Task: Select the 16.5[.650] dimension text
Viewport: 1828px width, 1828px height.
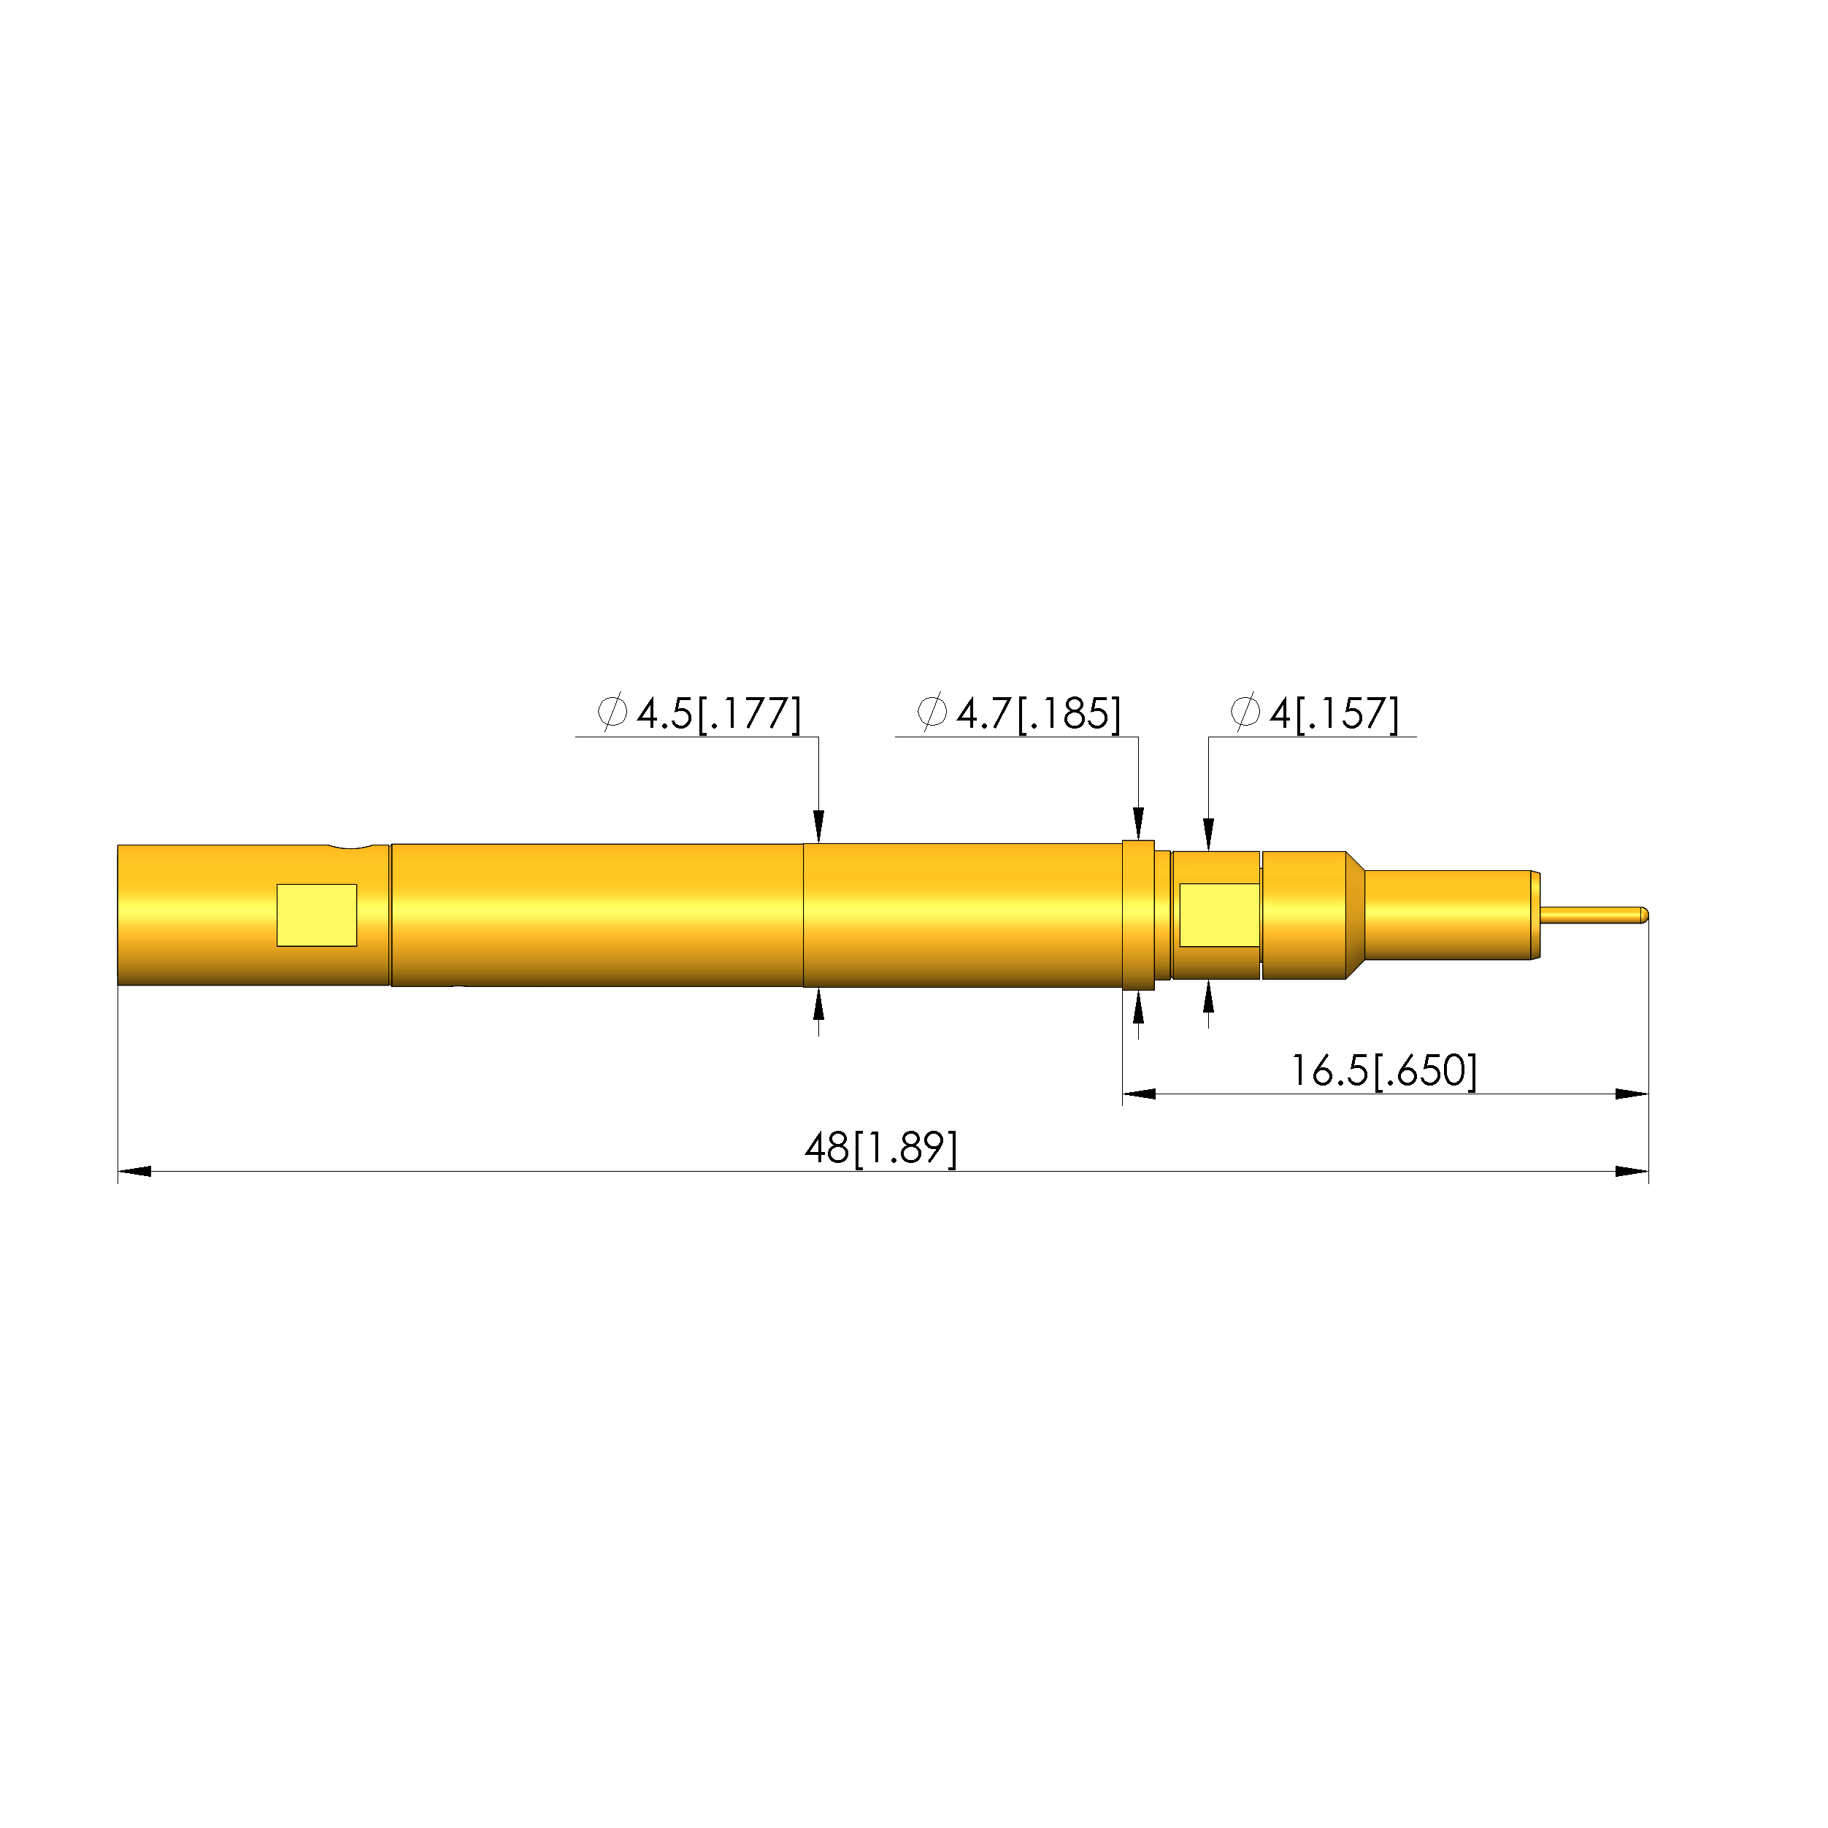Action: click(x=1383, y=1072)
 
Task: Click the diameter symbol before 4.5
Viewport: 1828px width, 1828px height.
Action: click(x=612, y=713)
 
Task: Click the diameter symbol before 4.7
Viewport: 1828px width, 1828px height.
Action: click(x=932, y=713)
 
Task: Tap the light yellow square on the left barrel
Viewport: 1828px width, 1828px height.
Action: click(x=316, y=915)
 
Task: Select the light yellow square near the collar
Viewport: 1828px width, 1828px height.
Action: click(x=1218, y=915)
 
